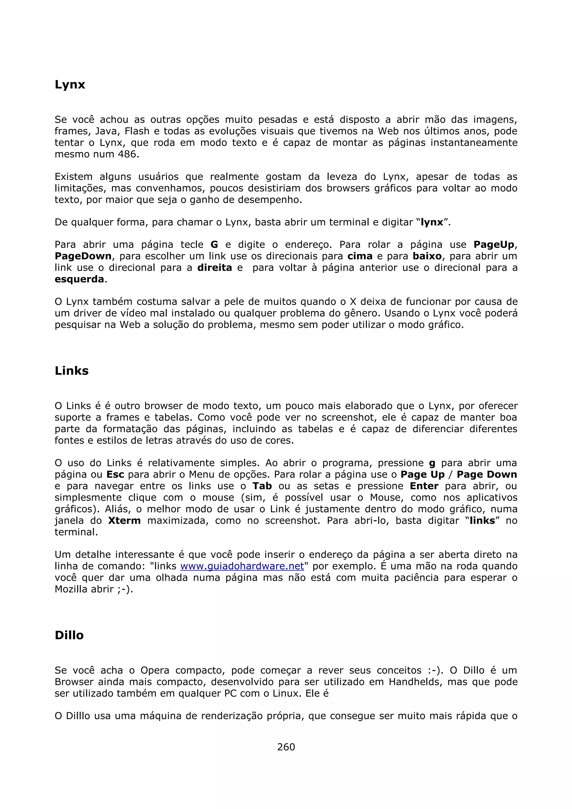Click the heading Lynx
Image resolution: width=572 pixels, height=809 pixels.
point(70,85)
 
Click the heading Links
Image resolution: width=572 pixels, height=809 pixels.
point(71,371)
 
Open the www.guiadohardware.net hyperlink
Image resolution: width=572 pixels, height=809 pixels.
point(242,566)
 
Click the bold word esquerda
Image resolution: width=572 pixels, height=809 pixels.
point(80,279)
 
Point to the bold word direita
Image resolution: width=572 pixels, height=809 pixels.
point(214,268)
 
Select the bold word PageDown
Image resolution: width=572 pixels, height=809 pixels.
point(83,256)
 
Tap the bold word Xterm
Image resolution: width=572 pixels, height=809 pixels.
point(124,520)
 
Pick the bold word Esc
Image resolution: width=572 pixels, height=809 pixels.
point(115,475)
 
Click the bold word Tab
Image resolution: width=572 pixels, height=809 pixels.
point(262,486)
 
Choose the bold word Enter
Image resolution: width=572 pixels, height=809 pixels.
point(424,486)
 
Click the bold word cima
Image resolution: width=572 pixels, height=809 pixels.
point(360,256)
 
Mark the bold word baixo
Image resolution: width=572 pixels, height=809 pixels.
point(427,256)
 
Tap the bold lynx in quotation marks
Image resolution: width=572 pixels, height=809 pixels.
point(432,222)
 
